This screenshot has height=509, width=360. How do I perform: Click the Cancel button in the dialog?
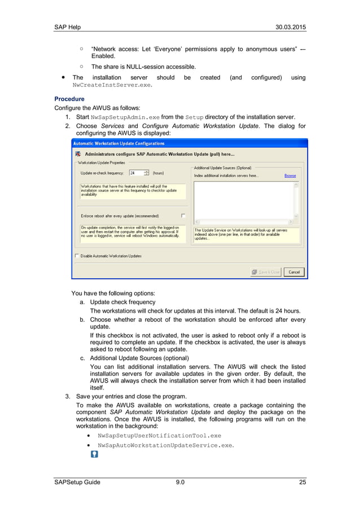click(294, 272)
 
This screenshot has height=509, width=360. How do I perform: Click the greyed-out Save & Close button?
click(266, 272)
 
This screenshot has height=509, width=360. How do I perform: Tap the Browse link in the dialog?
click(290, 175)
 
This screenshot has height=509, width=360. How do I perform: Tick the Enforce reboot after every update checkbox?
click(183, 216)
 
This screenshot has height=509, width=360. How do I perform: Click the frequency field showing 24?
click(135, 173)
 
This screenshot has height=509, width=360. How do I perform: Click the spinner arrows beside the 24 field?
click(147, 173)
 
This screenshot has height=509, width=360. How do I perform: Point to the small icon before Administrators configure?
click(78, 153)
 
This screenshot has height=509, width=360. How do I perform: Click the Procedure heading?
click(69, 99)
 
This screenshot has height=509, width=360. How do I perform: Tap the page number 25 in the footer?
click(302, 481)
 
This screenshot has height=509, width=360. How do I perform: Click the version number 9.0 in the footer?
click(180, 481)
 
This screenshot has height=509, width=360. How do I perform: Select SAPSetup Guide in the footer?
click(77, 481)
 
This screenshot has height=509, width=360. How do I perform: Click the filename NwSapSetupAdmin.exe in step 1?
click(124, 117)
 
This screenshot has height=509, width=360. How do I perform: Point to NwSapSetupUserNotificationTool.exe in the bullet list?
click(159, 436)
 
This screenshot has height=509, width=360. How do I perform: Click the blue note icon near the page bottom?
click(94, 454)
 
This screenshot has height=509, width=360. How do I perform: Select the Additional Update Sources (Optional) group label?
click(223, 168)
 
